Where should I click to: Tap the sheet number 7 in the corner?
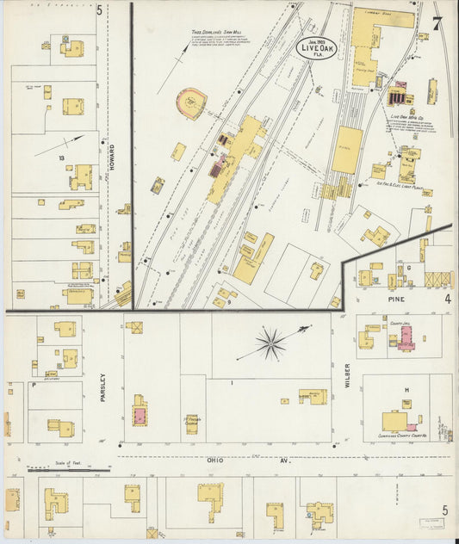click(x=438, y=24)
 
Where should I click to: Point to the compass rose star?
click(x=270, y=343)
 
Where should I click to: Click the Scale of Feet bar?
click(x=69, y=470)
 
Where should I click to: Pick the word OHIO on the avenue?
click(x=214, y=461)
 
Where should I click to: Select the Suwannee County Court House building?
click(x=397, y=421)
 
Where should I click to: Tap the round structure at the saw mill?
click(x=190, y=103)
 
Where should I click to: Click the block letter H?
click(x=406, y=390)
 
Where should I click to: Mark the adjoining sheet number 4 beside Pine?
click(x=447, y=299)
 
